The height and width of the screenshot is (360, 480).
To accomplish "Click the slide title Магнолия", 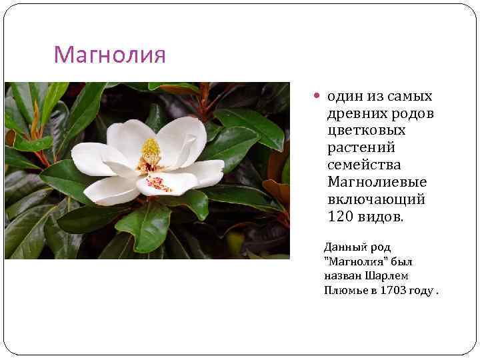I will (x=109, y=55).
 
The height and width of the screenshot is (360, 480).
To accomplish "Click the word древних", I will (x=353, y=114).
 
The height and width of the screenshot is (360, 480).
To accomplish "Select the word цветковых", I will (x=366, y=131).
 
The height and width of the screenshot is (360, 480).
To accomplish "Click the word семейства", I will (x=364, y=165).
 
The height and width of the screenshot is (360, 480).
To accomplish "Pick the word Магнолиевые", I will (x=377, y=182).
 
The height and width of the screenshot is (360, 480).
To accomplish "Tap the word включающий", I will (x=376, y=199).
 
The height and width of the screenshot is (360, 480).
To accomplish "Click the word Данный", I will (x=344, y=247).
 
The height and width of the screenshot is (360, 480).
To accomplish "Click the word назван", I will (x=341, y=275).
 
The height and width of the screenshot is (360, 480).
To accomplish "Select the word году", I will (x=423, y=290).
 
